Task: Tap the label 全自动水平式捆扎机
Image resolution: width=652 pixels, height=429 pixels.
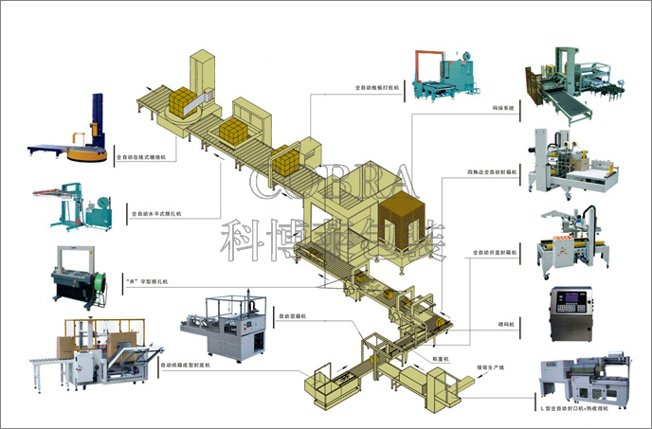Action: click(x=155, y=214)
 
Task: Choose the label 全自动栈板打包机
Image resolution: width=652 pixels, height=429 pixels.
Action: click(x=377, y=87)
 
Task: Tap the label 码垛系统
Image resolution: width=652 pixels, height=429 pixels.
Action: click(x=503, y=110)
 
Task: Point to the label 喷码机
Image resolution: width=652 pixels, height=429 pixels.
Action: click(x=505, y=324)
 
